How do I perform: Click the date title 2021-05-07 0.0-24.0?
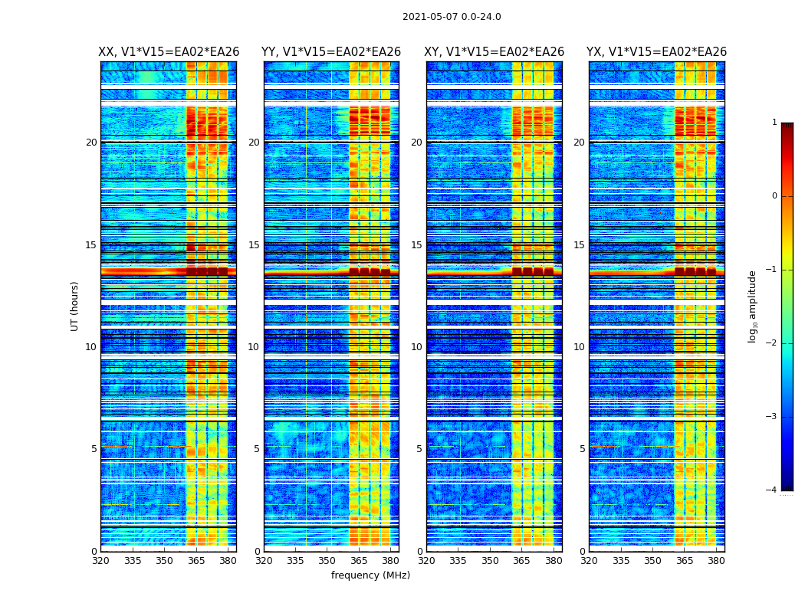pos(452,17)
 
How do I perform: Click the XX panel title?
pos(169,52)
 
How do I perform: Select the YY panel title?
pos(331,52)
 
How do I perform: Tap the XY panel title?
pos(495,52)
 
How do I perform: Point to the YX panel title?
pos(657,52)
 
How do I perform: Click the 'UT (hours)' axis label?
pos(75,306)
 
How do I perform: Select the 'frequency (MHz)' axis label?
pos(370,575)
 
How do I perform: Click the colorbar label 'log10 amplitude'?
pos(753,306)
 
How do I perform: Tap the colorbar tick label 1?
pos(774,123)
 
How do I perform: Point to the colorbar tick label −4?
pos(772,490)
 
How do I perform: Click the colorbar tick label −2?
pos(772,343)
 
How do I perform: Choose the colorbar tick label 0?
pos(774,196)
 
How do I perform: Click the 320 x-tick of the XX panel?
pos(100,561)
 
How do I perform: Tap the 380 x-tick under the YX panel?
pos(716,561)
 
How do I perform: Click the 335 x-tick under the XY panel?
pos(458,561)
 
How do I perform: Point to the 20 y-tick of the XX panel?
pos(91,143)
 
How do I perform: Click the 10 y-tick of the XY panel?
pos(416,347)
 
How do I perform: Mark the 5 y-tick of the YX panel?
pos(582,449)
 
